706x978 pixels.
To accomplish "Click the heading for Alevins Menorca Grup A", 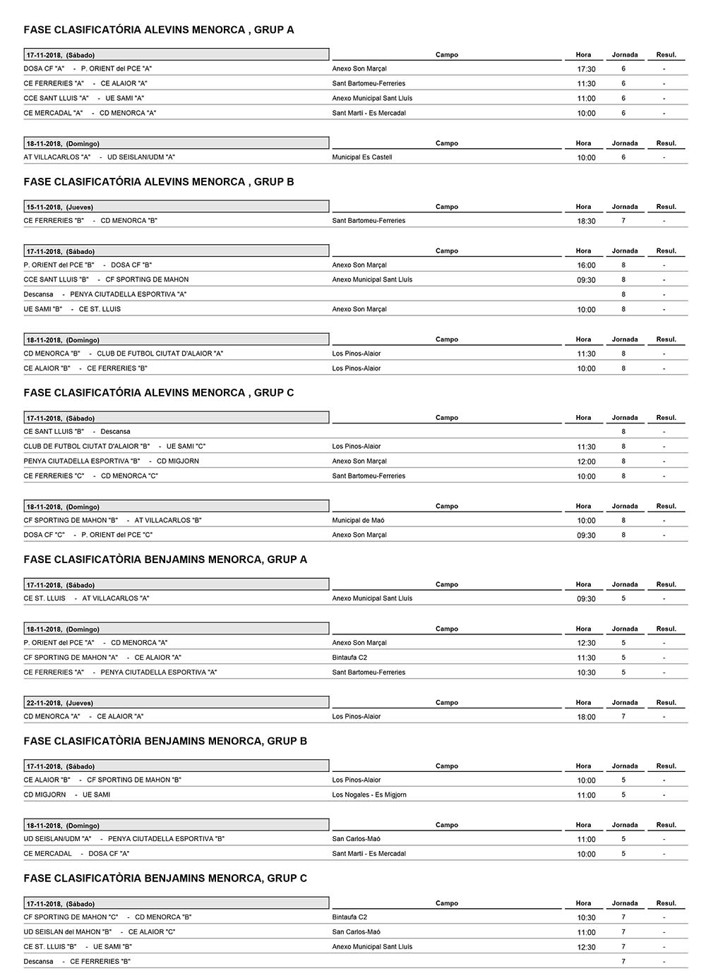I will coord(159,30).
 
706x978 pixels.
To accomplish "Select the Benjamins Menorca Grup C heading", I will coord(165,878).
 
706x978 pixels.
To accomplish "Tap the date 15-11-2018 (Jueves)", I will coord(60,207).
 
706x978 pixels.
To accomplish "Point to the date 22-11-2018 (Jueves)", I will coord(60,703).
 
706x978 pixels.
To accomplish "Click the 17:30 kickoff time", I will coord(586,69).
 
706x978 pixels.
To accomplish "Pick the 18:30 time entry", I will coord(586,221).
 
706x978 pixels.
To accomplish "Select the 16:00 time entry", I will coord(586,265).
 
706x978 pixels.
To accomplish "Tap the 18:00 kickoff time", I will coord(586,717).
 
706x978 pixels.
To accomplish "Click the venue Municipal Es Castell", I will coord(361,157).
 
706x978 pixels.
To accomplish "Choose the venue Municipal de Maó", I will coord(358,520).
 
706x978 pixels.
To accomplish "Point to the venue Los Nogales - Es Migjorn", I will coord(369,795).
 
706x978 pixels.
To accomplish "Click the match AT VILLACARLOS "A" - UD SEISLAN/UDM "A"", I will coord(99,157).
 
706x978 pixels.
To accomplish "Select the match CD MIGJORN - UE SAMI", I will coord(67,795).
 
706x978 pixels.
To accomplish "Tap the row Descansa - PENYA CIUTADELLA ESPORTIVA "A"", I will coord(104,294).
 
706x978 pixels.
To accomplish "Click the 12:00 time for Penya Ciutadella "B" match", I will coord(586,461).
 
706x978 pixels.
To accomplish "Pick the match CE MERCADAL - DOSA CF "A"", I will coord(76,854).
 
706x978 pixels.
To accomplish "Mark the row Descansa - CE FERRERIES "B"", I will coord(77,961).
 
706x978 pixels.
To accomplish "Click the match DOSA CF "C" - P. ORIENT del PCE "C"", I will coord(88,535).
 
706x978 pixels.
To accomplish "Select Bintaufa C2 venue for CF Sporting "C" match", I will coord(349,917).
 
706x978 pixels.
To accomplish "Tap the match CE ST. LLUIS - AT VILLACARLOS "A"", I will coord(86,598).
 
